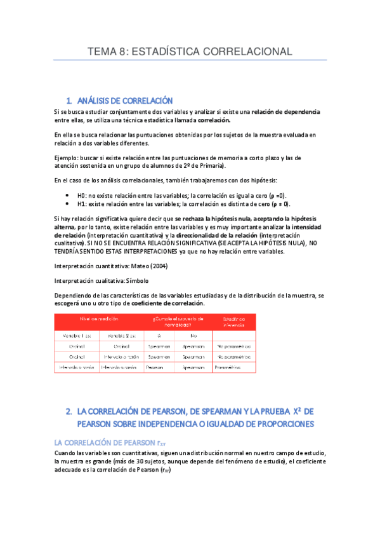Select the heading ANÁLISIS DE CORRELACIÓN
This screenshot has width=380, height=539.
click(x=125, y=100)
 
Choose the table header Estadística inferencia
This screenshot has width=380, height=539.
click(x=233, y=319)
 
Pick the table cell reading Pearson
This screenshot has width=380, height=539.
click(x=154, y=367)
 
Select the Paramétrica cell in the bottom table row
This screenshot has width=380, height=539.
click(x=229, y=367)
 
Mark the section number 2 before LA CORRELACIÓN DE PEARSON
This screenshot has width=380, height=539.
click(x=69, y=412)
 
